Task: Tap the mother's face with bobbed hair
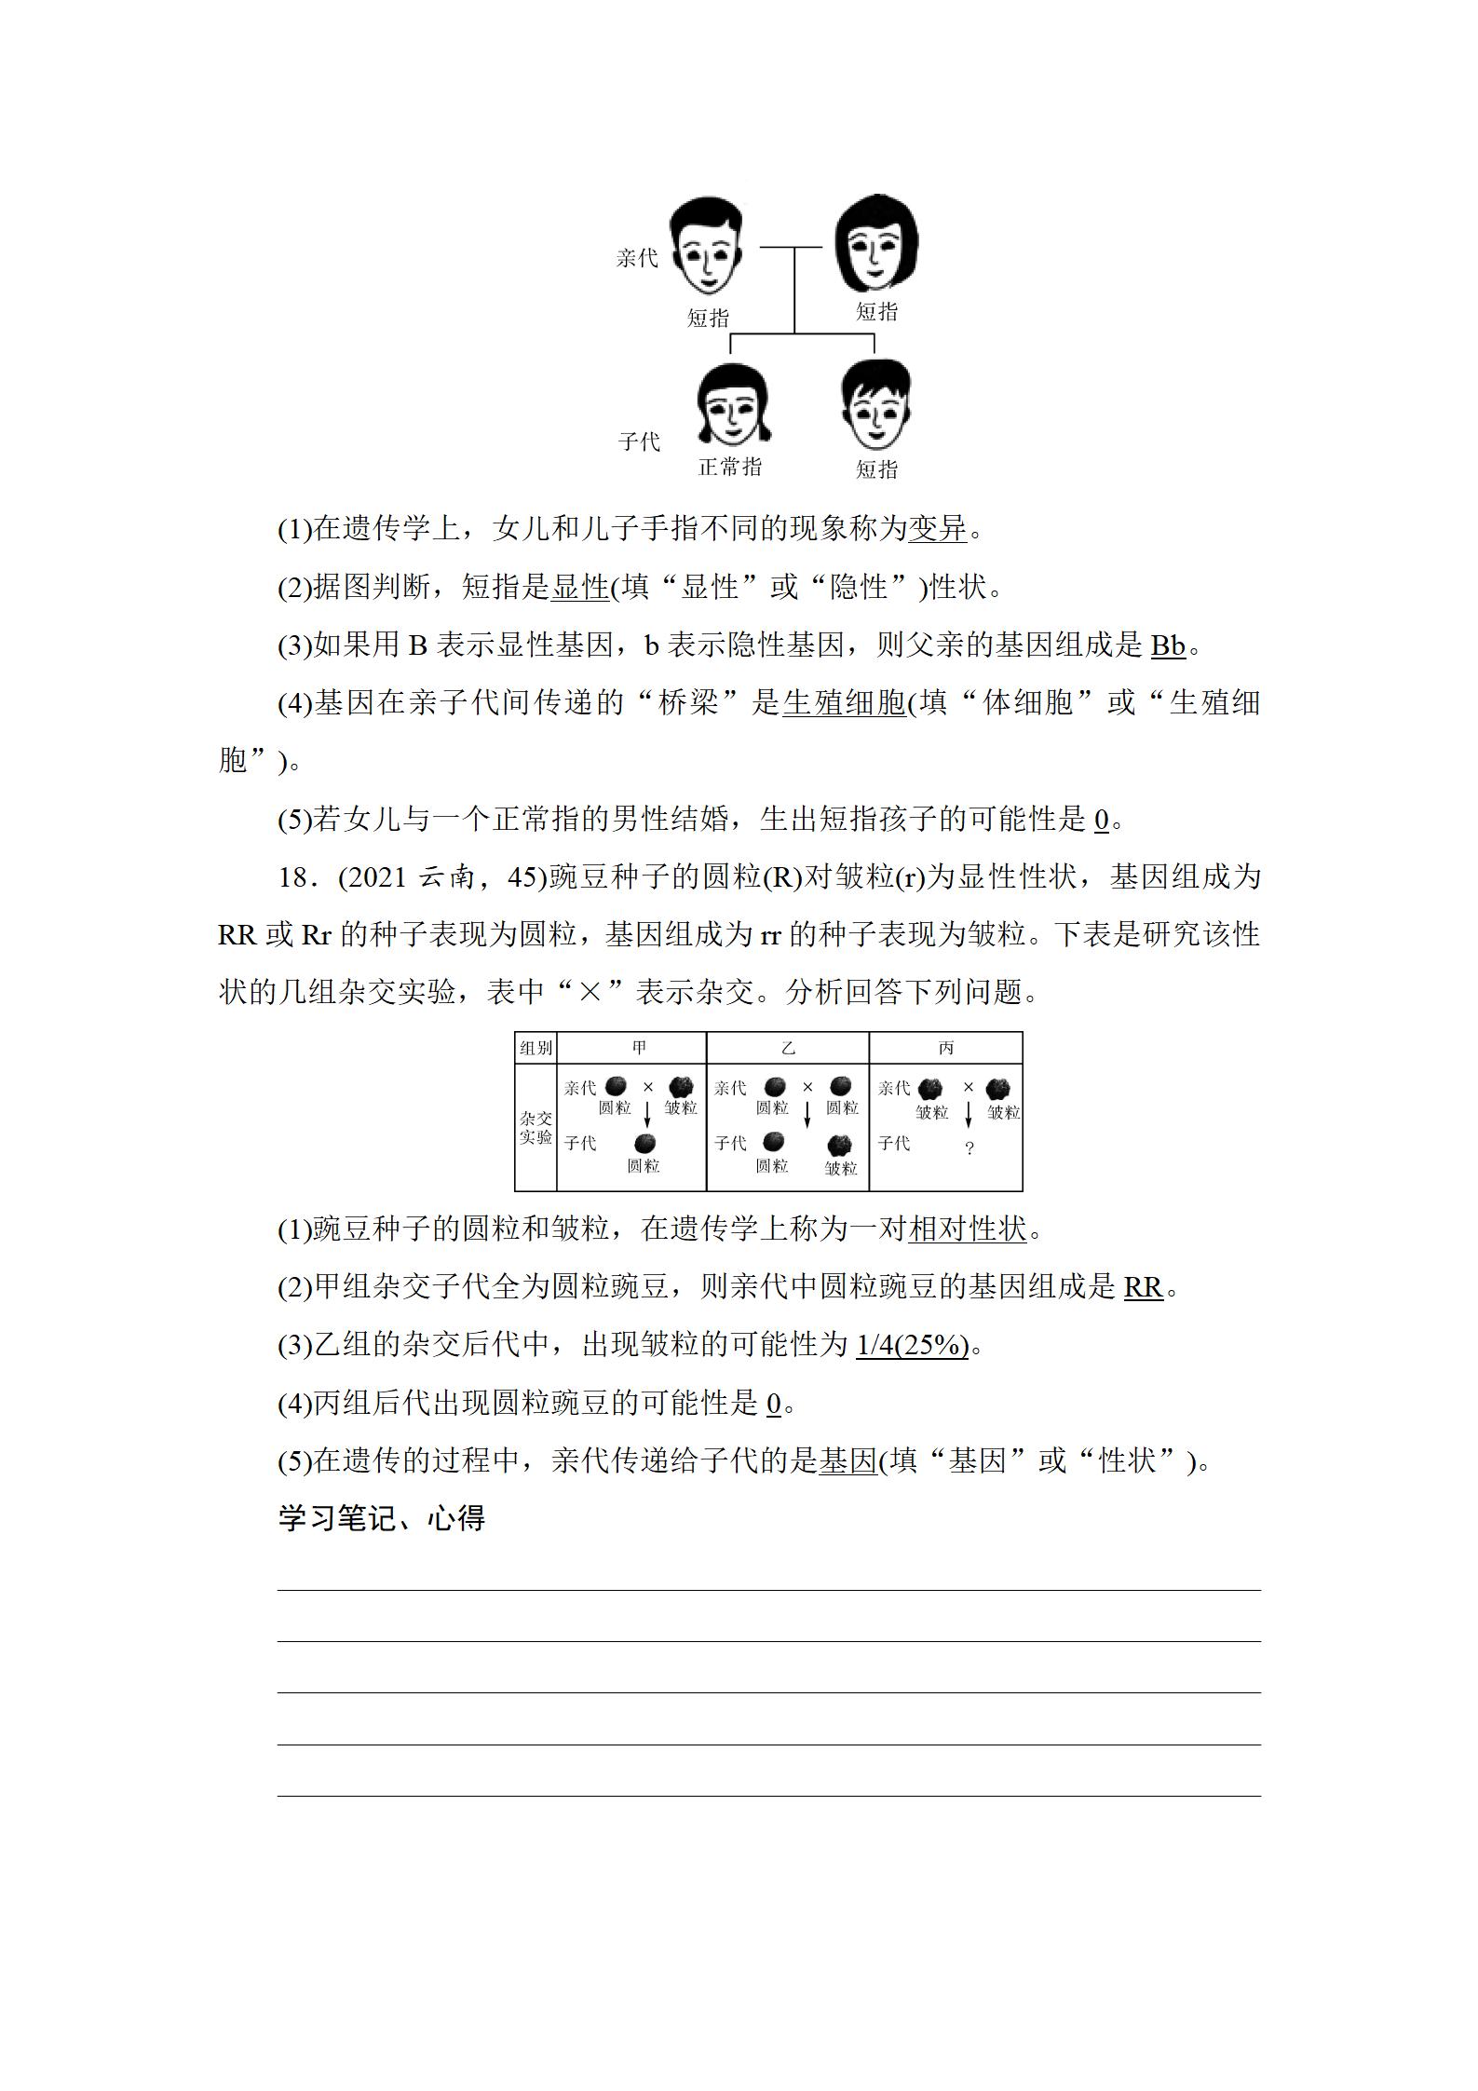pyautogui.click(x=876, y=245)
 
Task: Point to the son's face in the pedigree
pyautogui.click(x=875, y=406)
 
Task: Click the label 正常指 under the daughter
pyautogui.click(x=730, y=467)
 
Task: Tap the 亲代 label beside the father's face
pyautogui.click(x=637, y=258)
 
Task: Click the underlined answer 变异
pyautogui.click(x=938, y=528)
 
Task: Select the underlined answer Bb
pyautogui.click(x=1168, y=645)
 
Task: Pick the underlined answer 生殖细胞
pyautogui.click(x=844, y=702)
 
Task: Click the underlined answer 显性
pyautogui.click(x=580, y=587)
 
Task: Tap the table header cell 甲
pyautogui.click(x=639, y=1048)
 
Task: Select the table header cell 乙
pyautogui.click(x=788, y=1048)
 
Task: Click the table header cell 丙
pyautogui.click(x=945, y=1048)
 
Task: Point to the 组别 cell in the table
pyautogui.click(x=536, y=1048)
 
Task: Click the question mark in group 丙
pyautogui.click(x=969, y=1148)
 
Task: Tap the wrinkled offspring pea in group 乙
pyautogui.click(x=839, y=1146)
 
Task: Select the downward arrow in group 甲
pyautogui.click(x=647, y=1113)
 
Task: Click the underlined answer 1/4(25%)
pyautogui.click(x=912, y=1345)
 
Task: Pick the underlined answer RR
pyautogui.click(x=1143, y=1287)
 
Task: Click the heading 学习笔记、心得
pyautogui.click(x=382, y=1518)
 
